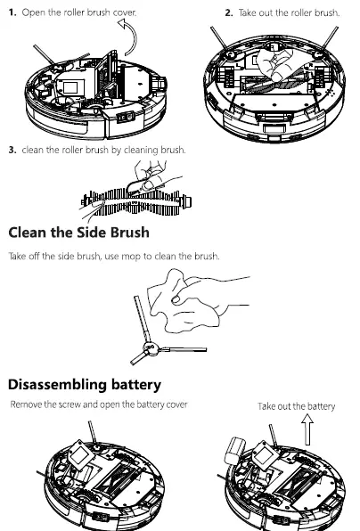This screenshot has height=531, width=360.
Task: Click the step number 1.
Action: pos(12,13)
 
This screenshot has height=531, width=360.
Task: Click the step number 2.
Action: pos(228,13)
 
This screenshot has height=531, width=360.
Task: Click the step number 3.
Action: pos(12,150)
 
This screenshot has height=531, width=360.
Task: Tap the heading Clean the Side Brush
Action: pos(78,233)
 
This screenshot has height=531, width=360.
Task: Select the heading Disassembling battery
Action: pos(84,385)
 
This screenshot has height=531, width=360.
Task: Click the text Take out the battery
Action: pos(296,406)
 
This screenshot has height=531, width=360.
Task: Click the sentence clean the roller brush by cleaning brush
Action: pos(103,150)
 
